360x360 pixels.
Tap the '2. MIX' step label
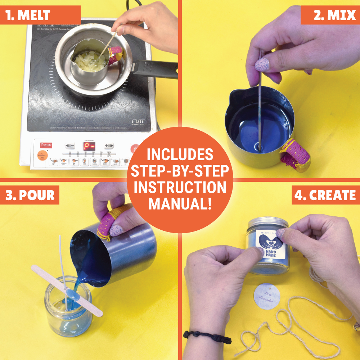[x=330, y=15]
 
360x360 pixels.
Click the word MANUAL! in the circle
[x=180, y=203]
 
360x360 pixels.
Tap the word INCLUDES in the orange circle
[x=180, y=154]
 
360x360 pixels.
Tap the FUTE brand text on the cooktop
[x=138, y=121]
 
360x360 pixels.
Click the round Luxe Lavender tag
[x=267, y=296]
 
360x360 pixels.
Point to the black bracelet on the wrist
[x=202, y=336]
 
